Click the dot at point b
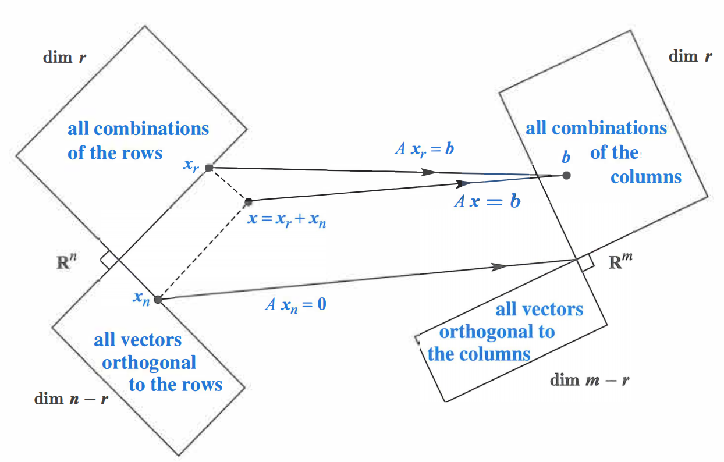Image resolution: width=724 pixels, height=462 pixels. (x=566, y=175)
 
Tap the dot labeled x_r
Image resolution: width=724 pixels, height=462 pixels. (x=209, y=168)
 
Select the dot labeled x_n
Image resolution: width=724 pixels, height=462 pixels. (x=158, y=300)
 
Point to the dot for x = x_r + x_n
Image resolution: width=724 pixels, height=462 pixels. (x=249, y=201)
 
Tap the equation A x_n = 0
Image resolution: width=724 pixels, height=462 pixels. (x=295, y=304)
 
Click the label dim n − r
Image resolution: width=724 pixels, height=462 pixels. (x=71, y=399)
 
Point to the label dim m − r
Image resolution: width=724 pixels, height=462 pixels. (x=590, y=381)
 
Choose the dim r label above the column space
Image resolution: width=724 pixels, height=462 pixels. (x=691, y=56)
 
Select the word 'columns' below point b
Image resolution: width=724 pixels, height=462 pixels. (x=645, y=177)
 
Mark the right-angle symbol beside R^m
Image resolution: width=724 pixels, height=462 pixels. (x=586, y=264)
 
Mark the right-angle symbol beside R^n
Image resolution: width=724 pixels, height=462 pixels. (x=107, y=261)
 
